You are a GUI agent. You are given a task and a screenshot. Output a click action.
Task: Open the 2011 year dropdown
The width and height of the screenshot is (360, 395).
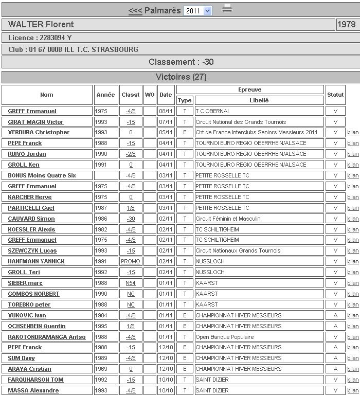click(198, 10)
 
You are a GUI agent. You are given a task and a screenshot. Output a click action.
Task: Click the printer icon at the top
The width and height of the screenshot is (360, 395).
click(227, 9)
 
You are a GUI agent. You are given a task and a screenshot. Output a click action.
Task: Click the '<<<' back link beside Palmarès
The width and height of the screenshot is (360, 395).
click(135, 10)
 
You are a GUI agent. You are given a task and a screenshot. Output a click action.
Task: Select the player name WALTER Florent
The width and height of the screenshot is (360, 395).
click(41, 24)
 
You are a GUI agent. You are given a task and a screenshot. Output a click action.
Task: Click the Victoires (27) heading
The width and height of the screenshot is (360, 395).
click(181, 77)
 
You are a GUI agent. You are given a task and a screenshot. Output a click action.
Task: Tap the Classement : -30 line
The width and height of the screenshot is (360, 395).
click(181, 62)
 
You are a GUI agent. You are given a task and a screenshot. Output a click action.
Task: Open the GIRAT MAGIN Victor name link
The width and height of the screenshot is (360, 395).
click(35, 122)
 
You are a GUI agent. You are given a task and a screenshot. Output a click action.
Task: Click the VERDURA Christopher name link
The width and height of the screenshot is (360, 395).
click(39, 132)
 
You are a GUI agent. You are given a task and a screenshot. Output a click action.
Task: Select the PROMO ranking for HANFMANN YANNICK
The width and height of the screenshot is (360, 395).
click(131, 261)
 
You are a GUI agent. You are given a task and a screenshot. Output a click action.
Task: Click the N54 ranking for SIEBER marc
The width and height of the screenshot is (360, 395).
click(131, 283)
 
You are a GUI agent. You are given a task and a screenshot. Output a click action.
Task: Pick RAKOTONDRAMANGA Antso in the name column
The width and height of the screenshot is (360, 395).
click(47, 337)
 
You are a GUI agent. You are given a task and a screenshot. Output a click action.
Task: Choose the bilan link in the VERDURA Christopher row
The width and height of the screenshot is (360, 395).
click(353, 132)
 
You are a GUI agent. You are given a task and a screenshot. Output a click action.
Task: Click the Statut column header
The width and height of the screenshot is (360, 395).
click(335, 95)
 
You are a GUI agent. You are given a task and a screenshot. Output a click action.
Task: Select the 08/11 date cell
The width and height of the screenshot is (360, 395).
click(166, 111)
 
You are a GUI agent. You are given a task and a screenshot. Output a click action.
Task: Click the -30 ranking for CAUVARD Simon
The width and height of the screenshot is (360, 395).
click(131, 219)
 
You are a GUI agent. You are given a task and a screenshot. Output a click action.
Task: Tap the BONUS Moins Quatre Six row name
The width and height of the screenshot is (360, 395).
click(42, 175)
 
